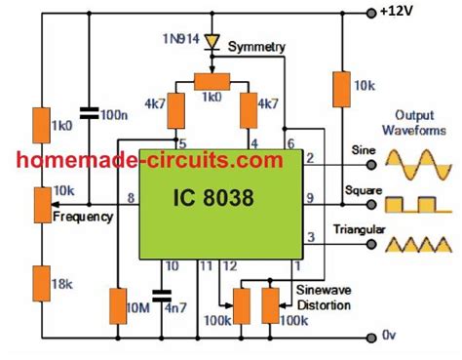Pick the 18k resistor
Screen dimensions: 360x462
point(38,286)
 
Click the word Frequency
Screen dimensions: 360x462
point(82,217)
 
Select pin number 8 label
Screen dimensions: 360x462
point(130,198)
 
